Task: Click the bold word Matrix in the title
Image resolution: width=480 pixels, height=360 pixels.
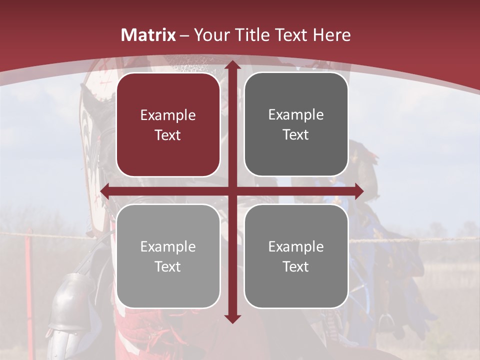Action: pyautogui.click(x=148, y=35)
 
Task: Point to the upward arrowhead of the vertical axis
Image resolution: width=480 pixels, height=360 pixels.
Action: pyautogui.click(x=232, y=65)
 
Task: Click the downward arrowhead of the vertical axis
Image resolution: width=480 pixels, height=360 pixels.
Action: pyautogui.click(x=232, y=318)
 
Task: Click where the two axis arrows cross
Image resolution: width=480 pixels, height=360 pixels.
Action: pyautogui.click(x=232, y=191)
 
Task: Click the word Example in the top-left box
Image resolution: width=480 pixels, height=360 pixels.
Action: pyautogui.click(x=168, y=115)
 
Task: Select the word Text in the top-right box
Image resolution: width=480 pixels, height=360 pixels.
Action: pyautogui.click(x=296, y=135)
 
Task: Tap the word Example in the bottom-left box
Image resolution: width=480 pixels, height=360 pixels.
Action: pyautogui.click(x=168, y=247)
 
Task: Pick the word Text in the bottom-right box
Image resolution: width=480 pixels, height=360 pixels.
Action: pyautogui.click(x=296, y=267)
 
